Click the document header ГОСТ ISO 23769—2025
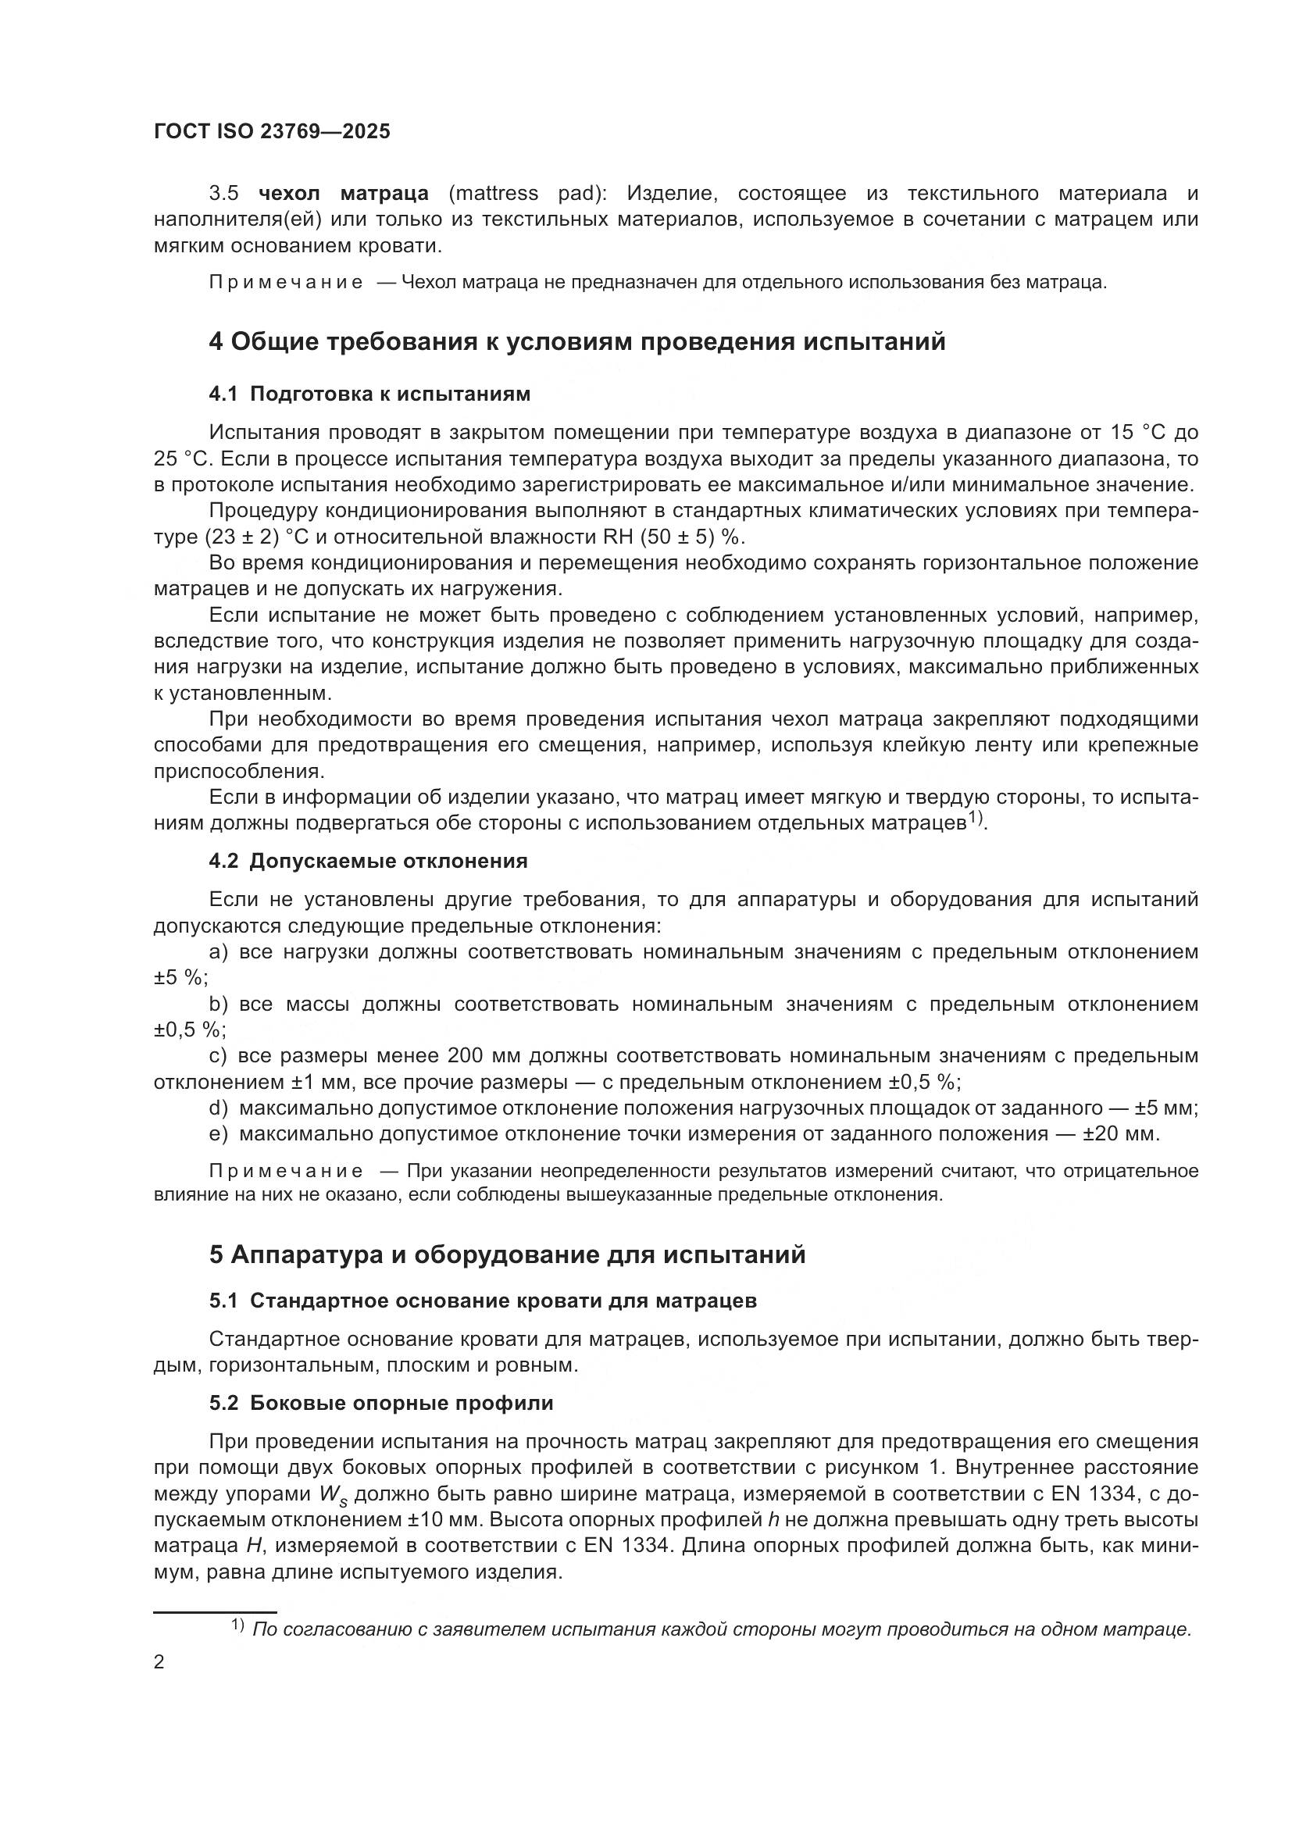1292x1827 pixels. click(272, 131)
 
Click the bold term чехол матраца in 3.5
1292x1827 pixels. click(344, 194)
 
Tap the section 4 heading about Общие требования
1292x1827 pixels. click(577, 341)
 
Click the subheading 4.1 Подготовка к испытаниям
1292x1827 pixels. click(369, 394)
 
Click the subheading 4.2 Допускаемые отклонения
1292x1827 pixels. click(369, 861)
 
